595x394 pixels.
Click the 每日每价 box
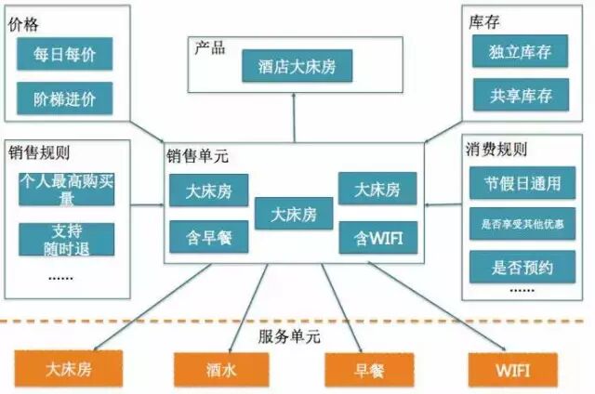64,54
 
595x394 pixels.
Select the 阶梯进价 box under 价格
64,98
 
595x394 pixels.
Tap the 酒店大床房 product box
295,67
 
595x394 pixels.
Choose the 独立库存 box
519,52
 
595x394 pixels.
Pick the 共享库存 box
519,95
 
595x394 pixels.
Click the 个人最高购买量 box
66,189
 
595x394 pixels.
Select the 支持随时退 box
66,239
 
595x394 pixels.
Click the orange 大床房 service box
69,369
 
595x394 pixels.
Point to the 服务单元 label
288,335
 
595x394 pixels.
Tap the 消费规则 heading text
495,150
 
